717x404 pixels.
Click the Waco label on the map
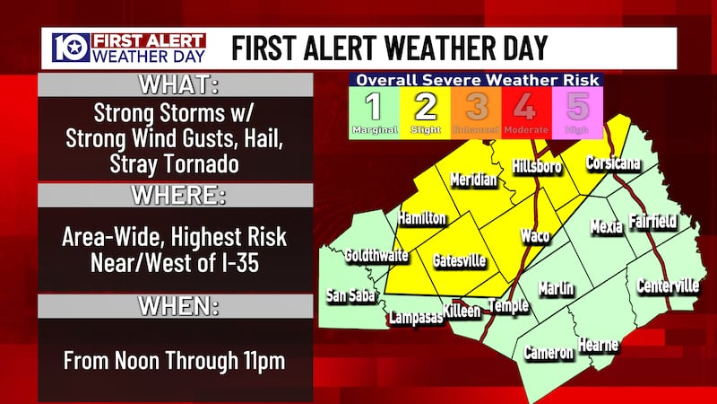coord(536,235)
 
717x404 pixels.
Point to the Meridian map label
coord(473,179)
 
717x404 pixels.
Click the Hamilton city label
coord(421,217)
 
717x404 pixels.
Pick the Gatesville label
coord(460,260)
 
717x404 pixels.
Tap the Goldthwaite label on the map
coord(376,255)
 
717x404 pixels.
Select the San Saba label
coord(349,295)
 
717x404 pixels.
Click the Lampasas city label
coord(415,317)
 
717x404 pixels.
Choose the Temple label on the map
coord(508,305)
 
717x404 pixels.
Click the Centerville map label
coord(668,285)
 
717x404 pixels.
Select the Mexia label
coord(606,226)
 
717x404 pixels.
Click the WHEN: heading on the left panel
coord(176,307)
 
